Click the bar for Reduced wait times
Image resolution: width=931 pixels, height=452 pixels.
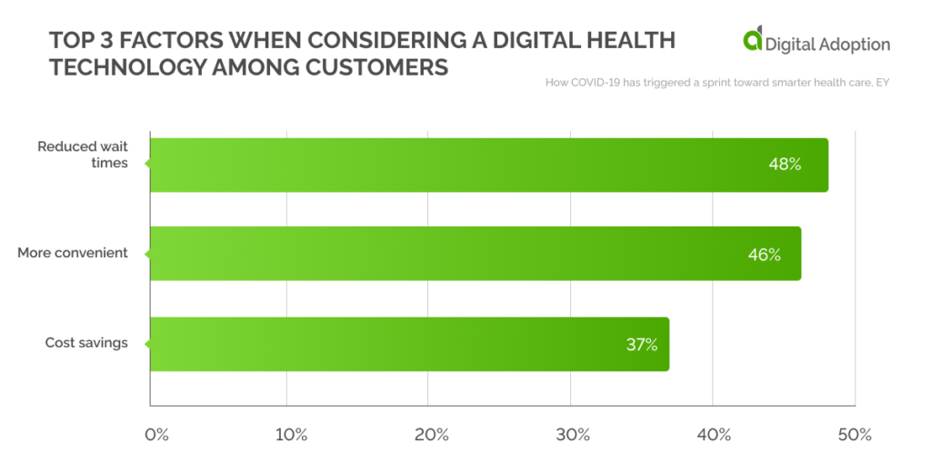point(488,165)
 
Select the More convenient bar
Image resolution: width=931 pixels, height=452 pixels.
point(475,254)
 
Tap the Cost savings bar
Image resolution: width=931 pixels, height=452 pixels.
point(409,344)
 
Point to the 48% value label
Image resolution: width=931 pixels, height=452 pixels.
point(783,165)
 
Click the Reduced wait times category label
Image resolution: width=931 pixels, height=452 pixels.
point(82,154)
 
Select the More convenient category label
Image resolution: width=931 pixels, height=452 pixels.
point(73,253)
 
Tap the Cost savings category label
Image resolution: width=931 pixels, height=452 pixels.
point(86,343)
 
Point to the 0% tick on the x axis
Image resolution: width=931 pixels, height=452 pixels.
point(157,433)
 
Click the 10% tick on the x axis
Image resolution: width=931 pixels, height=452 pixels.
point(290,433)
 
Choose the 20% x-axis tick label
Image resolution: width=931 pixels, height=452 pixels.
point(431,433)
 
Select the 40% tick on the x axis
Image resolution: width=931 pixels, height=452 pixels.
point(714,433)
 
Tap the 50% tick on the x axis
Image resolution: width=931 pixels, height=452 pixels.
point(855,433)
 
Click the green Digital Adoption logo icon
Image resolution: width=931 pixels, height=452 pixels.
point(753,41)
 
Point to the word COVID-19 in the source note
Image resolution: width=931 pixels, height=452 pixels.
point(594,84)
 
